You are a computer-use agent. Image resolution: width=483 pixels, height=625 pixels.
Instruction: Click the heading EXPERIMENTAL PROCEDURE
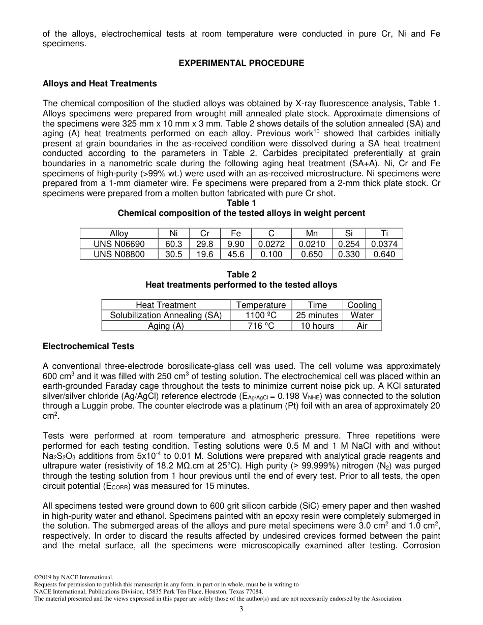tap(242, 64)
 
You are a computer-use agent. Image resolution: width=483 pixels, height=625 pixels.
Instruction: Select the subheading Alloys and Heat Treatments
tap(100, 83)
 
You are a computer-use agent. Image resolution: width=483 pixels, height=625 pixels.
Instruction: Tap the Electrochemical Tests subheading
tap(88, 346)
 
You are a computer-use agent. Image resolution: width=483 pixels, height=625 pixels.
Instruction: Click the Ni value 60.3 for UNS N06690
tap(173, 244)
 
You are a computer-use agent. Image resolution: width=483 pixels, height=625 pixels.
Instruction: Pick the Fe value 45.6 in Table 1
tap(236, 254)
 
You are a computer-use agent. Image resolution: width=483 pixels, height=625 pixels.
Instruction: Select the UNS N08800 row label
tap(119, 254)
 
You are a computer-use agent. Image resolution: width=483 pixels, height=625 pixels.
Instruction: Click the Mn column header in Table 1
tap(312, 234)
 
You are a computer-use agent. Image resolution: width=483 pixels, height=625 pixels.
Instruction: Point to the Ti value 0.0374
tap(384, 244)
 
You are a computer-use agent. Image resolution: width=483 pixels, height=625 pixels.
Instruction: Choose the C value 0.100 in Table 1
tap(271, 254)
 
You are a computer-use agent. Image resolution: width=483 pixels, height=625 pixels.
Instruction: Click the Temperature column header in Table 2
tap(261, 305)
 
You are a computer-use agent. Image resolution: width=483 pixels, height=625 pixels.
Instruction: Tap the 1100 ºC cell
tap(261, 315)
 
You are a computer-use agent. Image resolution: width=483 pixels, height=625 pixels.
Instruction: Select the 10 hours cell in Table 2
tap(317, 326)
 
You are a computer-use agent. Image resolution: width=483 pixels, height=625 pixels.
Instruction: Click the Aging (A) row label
tap(166, 326)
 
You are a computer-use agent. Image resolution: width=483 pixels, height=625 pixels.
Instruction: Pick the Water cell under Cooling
tap(362, 315)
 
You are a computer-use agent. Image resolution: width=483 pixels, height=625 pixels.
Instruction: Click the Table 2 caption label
tap(242, 275)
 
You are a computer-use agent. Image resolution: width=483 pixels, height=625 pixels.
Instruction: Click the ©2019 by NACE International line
tap(73, 577)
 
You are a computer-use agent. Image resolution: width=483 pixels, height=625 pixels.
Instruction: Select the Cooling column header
tap(362, 305)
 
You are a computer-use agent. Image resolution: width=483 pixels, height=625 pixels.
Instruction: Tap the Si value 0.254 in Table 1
tap(349, 244)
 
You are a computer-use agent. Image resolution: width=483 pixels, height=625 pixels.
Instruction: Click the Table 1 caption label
tap(242, 203)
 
